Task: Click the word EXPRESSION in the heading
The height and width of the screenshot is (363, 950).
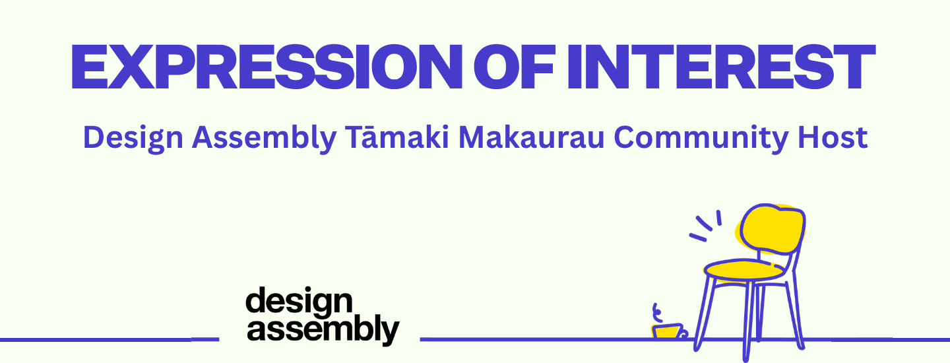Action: pos(267,67)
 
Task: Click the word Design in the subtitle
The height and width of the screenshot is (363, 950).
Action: pos(133,138)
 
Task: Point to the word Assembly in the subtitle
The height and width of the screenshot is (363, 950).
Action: pos(264,138)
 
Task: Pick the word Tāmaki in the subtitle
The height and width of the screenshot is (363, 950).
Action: pos(397,137)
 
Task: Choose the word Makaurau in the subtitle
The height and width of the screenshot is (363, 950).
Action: pos(532,137)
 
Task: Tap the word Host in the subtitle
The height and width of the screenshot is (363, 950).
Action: pos(833,137)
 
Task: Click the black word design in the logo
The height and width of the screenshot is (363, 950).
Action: pos(299,302)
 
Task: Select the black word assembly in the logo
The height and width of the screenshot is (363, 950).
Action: pos(323,331)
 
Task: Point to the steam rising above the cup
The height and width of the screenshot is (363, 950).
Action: pos(657,313)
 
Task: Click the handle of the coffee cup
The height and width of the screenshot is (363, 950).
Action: pos(683,333)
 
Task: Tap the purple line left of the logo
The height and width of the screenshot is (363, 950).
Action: pos(110,339)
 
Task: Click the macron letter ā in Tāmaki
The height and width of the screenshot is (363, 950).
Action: pos(372,138)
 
